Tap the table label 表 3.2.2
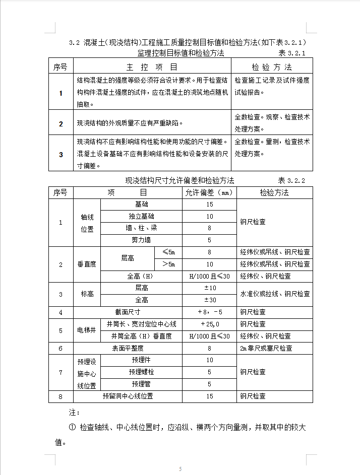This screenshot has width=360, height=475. point(292,180)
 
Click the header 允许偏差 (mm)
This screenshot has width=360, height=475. point(209,193)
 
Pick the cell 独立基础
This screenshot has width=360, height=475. point(142,217)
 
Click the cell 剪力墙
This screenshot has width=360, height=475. point(142,240)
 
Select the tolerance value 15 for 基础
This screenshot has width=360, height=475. point(209,205)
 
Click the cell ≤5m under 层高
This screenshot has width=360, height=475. point(168,252)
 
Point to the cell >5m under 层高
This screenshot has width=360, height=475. point(168,264)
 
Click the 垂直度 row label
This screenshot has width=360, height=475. point(87,264)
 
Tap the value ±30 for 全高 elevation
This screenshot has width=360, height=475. point(209,300)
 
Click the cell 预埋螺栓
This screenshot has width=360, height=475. point(142,372)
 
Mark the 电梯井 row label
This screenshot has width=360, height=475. point(87,330)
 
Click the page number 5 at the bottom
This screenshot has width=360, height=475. point(180,469)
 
